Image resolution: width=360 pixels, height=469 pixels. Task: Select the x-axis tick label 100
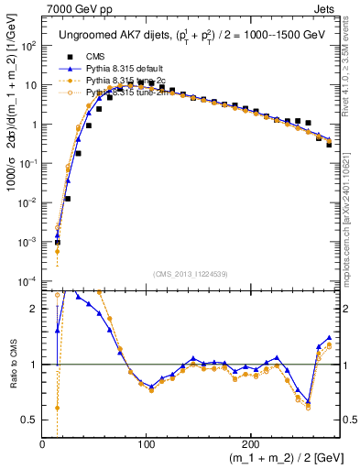pyautogui.click(x=147, y=444)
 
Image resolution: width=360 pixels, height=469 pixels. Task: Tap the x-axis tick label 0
pyautogui.click(x=43, y=444)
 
